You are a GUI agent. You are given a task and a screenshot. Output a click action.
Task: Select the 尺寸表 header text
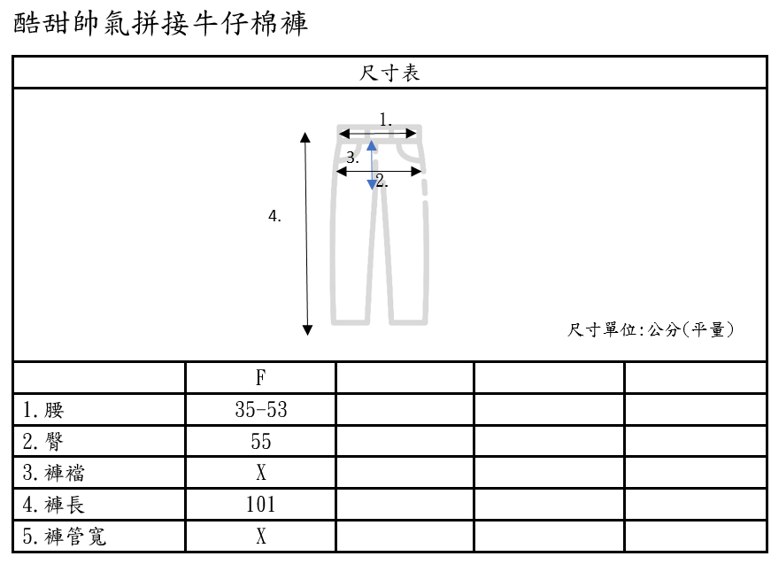pos(389,73)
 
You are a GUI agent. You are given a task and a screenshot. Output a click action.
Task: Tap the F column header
pos(261,378)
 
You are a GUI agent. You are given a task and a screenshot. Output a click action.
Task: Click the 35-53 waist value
pos(261,410)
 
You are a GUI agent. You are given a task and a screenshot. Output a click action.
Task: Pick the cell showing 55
pos(261,441)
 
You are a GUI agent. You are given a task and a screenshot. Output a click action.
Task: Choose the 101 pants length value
pos(261,505)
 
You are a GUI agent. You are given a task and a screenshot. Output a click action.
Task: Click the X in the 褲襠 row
pos(261,473)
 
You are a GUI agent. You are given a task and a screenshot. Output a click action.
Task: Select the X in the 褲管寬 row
pos(261,537)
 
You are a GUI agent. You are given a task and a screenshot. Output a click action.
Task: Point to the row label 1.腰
pos(44,410)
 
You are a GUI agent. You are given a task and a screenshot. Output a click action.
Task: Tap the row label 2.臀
pos(44,441)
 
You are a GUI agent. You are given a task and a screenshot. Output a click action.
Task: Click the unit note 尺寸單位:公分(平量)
pos(651,330)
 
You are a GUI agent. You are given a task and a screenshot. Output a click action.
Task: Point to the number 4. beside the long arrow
pos(275,215)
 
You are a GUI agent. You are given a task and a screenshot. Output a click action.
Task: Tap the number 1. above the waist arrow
pos(385,119)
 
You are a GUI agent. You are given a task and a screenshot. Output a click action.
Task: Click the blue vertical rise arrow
pos(372,165)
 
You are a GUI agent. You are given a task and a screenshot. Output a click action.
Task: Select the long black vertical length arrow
pos(306,234)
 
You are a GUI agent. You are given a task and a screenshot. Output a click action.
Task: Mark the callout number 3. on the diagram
pos(352,158)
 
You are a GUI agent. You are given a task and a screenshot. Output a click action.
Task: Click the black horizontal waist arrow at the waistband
pos(378,134)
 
